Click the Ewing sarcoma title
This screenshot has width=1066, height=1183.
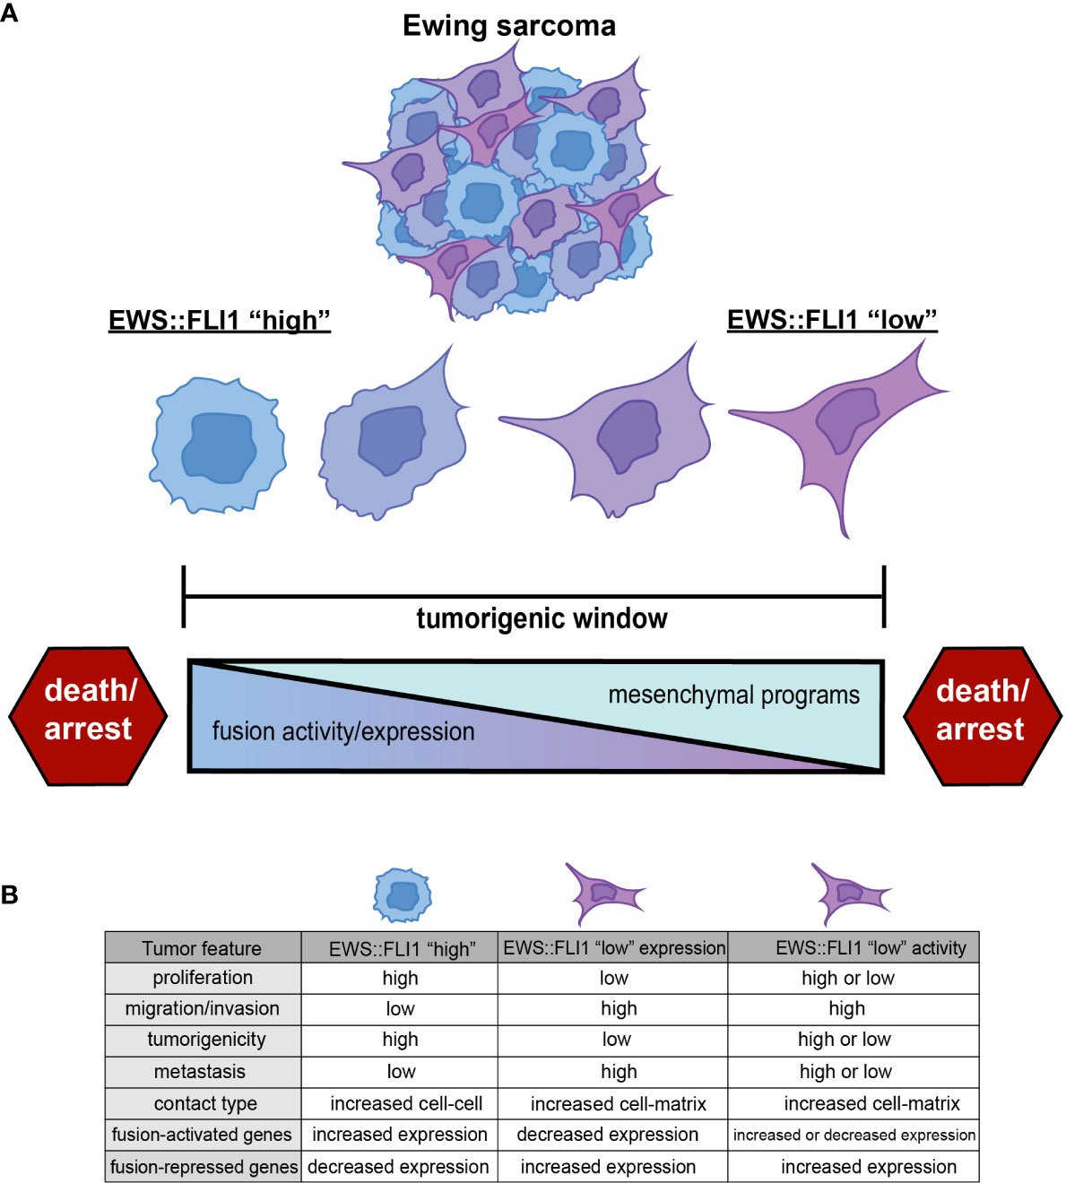coord(508,25)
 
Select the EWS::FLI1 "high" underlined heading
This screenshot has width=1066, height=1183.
coord(220,320)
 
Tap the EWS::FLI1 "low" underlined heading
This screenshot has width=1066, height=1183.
coord(832,320)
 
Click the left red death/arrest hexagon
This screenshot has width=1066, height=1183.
coord(88,715)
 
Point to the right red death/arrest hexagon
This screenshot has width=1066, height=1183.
coord(981,715)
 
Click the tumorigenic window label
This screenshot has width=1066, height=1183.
coord(542,618)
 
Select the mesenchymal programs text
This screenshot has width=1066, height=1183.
coord(733,695)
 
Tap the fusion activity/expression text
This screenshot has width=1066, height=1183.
coord(343,731)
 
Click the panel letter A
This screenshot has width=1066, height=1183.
coord(10,13)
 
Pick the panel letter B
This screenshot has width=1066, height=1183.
coord(10,894)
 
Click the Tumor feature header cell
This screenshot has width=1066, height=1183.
coord(202,948)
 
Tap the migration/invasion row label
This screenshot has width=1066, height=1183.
coord(203,1008)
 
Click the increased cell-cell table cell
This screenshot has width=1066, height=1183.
coord(406,1103)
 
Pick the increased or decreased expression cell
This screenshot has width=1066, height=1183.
coord(854,1135)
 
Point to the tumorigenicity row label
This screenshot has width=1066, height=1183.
coord(206,1040)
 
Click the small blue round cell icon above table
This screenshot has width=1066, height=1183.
coord(403,895)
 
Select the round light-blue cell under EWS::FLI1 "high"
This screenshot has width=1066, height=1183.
coord(219,445)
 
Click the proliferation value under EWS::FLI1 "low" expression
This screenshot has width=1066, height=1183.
coord(614,978)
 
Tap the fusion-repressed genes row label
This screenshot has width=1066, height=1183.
coord(204,1167)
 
